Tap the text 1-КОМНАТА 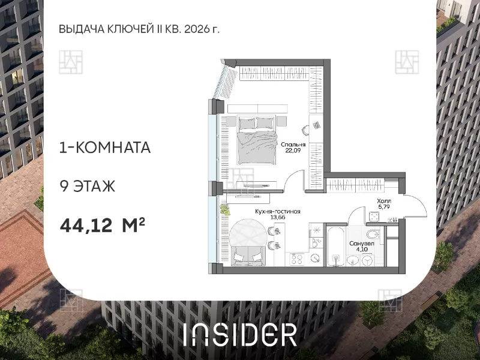point(104,148)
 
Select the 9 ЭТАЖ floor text point(87,186)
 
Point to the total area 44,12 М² point(102,226)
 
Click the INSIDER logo point(240,335)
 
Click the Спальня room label point(293,145)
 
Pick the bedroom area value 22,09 point(293,151)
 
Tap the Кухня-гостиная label point(278,212)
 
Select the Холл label point(384,201)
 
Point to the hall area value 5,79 point(384,206)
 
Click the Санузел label point(362,244)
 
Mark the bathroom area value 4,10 point(362,249)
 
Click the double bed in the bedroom point(257,140)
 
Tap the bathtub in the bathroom point(336,246)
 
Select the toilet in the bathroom point(373,235)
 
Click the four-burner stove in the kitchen point(296,259)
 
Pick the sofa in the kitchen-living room point(248,256)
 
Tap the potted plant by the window point(226,209)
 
